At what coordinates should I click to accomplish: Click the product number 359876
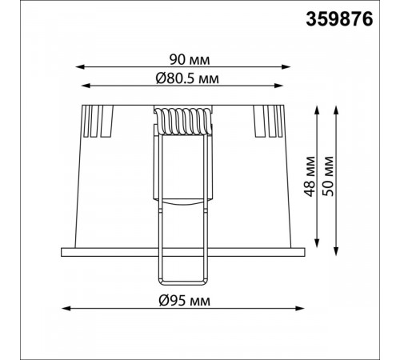click(339, 19)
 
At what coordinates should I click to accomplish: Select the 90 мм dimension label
click(190, 60)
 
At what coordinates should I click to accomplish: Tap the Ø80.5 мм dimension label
click(187, 78)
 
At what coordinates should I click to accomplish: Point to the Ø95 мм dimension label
click(184, 301)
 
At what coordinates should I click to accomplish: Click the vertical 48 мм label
click(310, 177)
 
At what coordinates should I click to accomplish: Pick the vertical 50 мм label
click(328, 177)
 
